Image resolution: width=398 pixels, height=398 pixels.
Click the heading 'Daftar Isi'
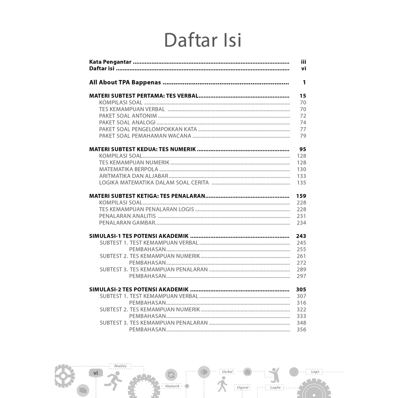point(202,40)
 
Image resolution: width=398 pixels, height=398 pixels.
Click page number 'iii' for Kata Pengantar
point(304,62)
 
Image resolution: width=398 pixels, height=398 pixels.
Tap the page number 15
point(303,96)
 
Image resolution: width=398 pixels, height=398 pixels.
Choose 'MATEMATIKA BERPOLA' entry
point(129,169)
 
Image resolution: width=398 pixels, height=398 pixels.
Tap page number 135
point(301,183)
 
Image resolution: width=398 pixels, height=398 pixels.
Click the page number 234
point(301,223)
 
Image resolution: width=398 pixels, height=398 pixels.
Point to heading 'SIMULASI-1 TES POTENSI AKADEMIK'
point(139,236)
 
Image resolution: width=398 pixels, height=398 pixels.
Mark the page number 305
point(301,289)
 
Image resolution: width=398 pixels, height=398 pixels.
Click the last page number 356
point(301,330)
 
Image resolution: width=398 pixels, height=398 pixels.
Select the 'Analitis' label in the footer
point(120,366)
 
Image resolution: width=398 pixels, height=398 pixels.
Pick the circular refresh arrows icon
point(171,375)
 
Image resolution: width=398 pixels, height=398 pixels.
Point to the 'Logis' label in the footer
point(315,372)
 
